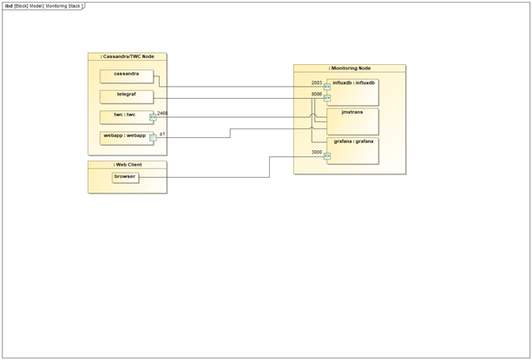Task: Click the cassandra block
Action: (126, 76)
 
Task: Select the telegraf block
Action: (126, 96)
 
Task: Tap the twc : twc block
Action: (126, 117)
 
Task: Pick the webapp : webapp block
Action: (126, 137)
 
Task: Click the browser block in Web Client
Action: (125, 178)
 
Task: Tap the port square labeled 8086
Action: (327, 98)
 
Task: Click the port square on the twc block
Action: (153, 117)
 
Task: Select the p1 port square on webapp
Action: (153, 137)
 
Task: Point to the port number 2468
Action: (162, 113)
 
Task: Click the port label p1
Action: (162, 134)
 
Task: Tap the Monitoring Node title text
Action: (349, 68)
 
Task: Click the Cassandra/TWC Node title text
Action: (128, 56)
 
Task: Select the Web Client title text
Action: (128, 164)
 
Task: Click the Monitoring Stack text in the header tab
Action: (62, 5)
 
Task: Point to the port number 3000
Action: (317, 153)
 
